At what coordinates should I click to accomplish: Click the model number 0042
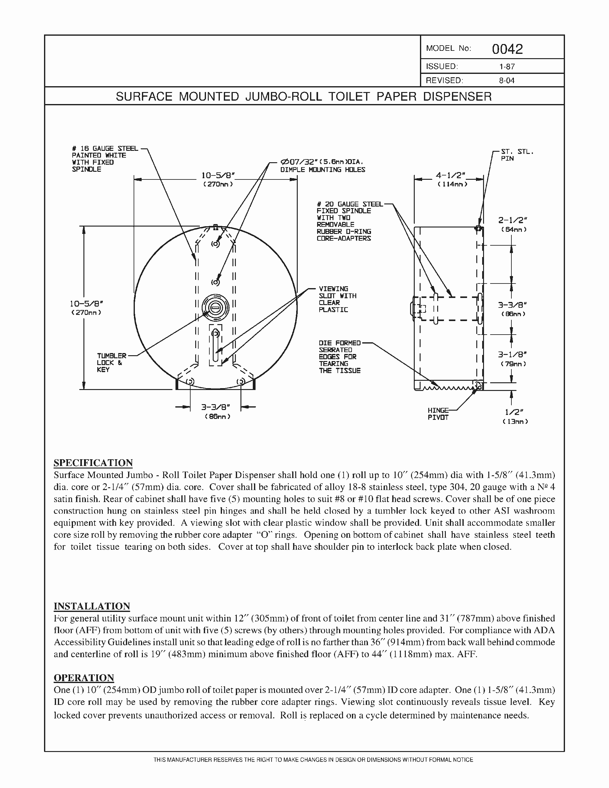tap(507, 49)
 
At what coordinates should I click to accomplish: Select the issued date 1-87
tap(507, 67)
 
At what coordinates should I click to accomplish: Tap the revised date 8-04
tap(506, 80)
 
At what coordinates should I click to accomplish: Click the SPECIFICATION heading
tap(93, 463)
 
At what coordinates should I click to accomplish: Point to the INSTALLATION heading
tap(92, 606)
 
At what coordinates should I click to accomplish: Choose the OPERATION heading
tap(84, 677)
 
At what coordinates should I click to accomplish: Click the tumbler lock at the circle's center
tap(215, 308)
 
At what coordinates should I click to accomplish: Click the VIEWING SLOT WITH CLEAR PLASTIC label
tap(337, 299)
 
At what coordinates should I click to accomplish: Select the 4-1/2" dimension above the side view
tap(450, 176)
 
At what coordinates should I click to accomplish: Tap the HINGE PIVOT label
tap(438, 414)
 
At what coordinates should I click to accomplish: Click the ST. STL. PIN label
tap(517, 155)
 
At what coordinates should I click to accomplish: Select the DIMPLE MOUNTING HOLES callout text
tap(322, 170)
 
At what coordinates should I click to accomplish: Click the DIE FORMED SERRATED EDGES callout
tap(339, 356)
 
